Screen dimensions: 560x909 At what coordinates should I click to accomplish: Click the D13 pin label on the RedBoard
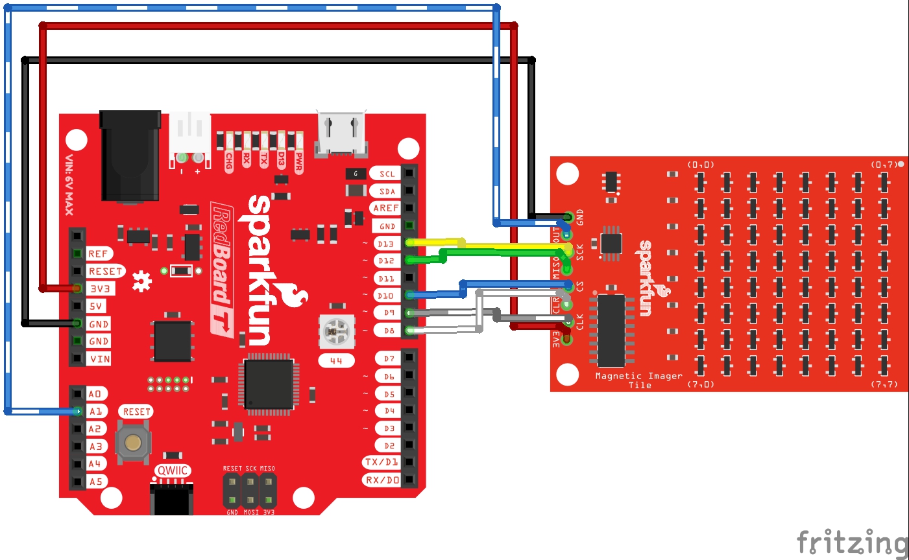[x=386, y=244]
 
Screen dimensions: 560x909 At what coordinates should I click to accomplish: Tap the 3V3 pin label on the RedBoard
[x=99, y=288]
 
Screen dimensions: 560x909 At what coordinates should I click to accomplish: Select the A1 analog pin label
[x=95, y=412]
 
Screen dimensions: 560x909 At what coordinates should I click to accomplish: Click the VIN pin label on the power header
[x=99, y=359]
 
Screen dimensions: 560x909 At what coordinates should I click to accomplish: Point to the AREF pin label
[x=385, y=208]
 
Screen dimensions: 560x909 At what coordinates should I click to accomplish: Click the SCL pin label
[x=387, y=174]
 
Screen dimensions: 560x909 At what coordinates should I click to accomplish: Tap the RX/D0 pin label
[x=382, y=480]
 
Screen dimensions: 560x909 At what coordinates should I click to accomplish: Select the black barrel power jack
[x=130, y=155]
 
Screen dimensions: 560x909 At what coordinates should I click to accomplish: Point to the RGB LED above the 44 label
[x=337, y=332]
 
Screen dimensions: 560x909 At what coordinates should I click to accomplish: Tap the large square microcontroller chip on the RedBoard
[x=269, y=384]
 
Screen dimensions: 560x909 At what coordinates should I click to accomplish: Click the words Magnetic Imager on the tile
[x=638, y=376]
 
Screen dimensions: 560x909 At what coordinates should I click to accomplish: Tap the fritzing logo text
[x=852, y=541]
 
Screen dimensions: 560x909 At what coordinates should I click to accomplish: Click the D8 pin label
[x=389, y=331]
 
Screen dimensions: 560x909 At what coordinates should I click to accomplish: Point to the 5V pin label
[x=96, y=306]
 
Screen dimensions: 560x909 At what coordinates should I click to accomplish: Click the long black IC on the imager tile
[x=611, y=331]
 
